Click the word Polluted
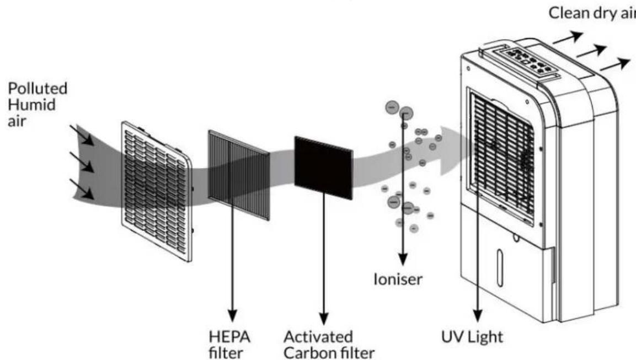(38, 88)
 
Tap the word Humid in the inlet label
(31, 105)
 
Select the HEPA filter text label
(229, 344)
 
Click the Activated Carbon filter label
(329, 345)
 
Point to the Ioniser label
(398, 279)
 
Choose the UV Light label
(472, 336)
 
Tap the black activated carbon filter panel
(324, 168)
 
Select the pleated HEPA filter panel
(238, 175)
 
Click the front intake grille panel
(157, 191)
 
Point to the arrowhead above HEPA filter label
(232, 316)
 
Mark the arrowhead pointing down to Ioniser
(403, 260)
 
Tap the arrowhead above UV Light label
(478, 316)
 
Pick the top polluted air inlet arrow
(82, 135)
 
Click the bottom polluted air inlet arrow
(82, 189)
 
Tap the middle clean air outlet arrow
(591, 51)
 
